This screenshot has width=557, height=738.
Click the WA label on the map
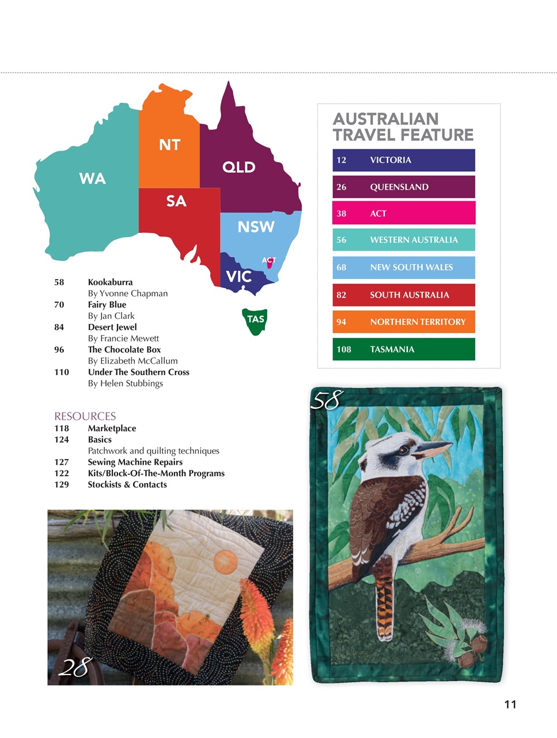click(92, 179)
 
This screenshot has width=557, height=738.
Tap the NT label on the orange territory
click(169, 145)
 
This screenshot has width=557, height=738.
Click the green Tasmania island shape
click(255, 321)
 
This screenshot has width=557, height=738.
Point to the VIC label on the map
click(238, 277)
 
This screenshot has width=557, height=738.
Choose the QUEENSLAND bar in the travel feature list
click(403, 187)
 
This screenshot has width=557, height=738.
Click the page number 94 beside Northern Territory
click(342, 322)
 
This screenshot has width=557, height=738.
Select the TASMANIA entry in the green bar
click(392, 349)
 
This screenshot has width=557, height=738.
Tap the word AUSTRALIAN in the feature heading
click(385, 119)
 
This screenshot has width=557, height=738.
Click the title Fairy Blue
click(107, 304)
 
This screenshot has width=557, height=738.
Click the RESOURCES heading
click(85, 416)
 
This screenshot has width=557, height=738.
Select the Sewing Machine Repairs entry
click(135, 462)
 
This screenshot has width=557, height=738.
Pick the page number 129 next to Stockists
click(62, 484)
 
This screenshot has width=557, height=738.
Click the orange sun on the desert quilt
click(225, 559)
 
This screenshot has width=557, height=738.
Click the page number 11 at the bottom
click(510, 704)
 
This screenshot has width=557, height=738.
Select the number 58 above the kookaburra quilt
click(327, 400)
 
